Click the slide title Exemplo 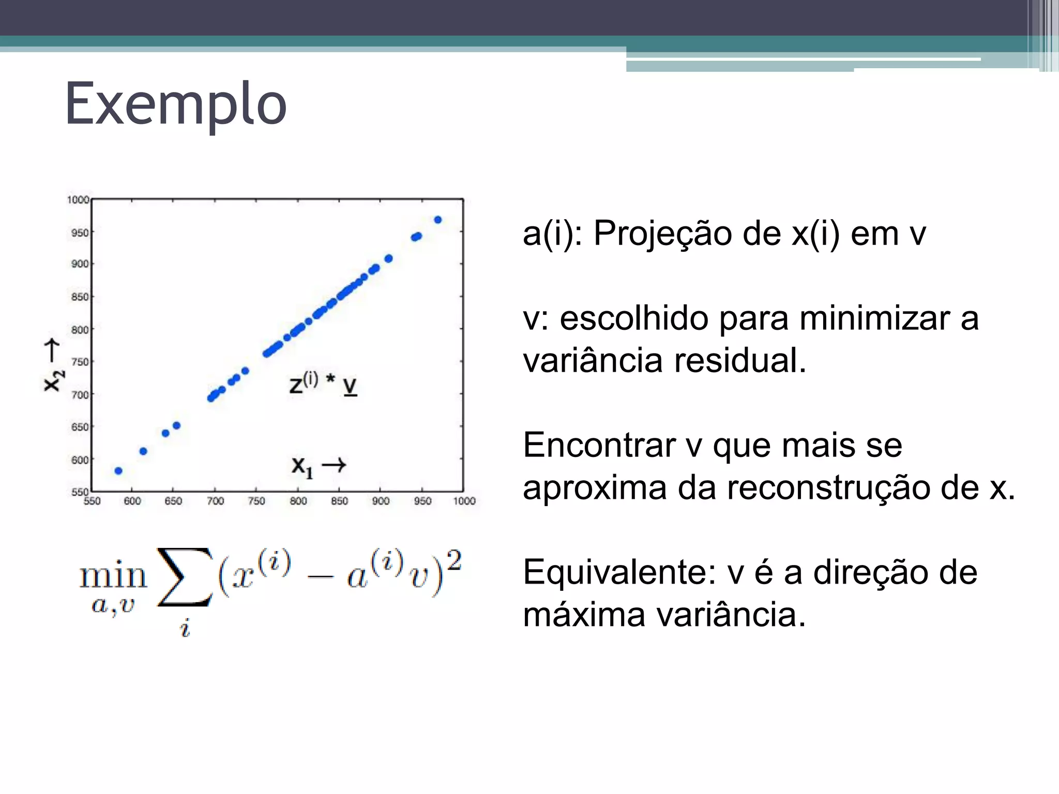176,104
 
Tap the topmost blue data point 438,220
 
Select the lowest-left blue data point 118,471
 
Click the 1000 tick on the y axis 78,200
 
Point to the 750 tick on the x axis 256,501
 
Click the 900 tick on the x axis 381,501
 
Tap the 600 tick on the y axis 80,460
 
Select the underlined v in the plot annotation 350,386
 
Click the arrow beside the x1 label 334,465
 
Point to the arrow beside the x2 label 52,350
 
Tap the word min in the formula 113,575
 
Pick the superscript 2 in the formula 454,560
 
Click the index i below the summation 185,629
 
